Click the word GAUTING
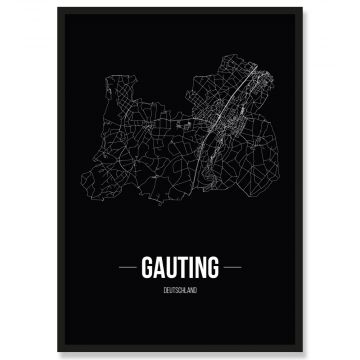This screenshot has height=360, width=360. click(180, 269)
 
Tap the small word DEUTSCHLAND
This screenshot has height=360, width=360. click(180, 290)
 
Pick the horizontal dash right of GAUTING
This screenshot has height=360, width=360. click(231, 269)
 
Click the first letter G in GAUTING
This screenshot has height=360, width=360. click(148, 269)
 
